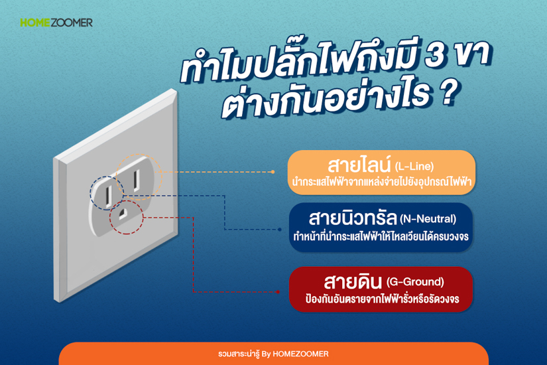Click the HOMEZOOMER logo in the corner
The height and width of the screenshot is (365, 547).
pos(56,23)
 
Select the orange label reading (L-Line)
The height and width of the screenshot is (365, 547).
pos(414,167)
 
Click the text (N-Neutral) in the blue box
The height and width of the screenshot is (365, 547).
pos(428,219)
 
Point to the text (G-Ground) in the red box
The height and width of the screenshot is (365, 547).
pos(415,281)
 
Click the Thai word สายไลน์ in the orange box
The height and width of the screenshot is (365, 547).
pos(359,165)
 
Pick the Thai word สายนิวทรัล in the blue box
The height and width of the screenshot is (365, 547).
pos(353,218)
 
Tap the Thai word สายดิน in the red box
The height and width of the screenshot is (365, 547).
pos(353,281)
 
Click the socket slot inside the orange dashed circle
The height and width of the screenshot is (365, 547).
pos(137,180)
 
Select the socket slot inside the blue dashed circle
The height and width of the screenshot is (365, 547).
pos(109,195)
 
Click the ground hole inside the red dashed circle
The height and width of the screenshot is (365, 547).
pos(123,214)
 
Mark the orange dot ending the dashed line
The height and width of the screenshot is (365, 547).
pos(273,172)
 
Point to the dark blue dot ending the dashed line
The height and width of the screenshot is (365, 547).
pos(279,230)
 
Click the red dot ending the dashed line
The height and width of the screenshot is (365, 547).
pos(277,291)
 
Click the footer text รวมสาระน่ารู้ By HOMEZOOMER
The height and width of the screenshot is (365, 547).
pos(273,354)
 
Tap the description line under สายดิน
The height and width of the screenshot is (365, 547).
pos(382,299)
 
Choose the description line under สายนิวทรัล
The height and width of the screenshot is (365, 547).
pos(381,236)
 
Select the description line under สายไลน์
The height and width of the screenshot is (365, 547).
pos(382,182)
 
